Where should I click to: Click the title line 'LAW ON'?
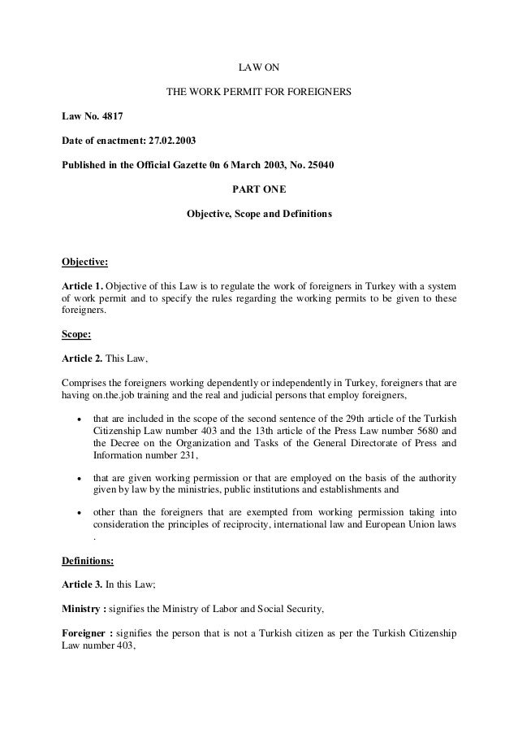coord(259,65)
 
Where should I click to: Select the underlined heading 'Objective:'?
coord(85,263)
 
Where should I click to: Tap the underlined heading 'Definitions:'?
coord(90,560)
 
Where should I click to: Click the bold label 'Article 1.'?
coord(83,288)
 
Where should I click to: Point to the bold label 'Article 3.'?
coord(83,585)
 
